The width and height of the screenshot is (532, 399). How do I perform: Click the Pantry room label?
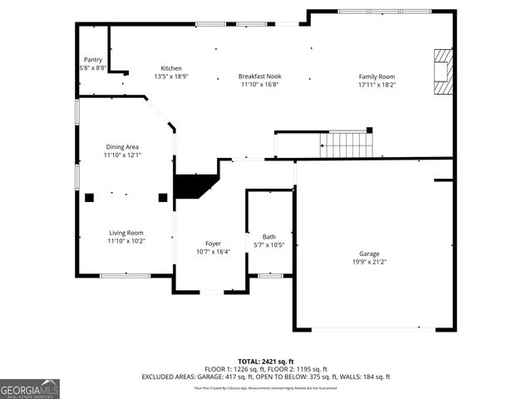[93, 60]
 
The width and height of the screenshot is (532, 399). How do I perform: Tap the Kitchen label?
[171, 68]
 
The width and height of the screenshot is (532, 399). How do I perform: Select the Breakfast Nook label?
[259, 76]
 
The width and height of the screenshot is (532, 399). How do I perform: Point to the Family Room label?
[377, 76]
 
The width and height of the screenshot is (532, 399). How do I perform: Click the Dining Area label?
[121, 147]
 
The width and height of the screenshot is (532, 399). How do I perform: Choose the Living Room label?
[126, 233]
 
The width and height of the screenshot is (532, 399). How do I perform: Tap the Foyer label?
[213, 244]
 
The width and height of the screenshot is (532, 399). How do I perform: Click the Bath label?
[269, 237]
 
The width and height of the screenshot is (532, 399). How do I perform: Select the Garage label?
[369, 254]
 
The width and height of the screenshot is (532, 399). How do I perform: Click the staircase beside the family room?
[346, 145]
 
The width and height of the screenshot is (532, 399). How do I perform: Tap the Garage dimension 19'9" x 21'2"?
[369, 262]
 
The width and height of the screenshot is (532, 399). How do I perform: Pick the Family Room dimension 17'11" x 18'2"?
[377, 85]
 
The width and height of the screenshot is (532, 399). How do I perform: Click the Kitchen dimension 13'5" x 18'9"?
[171, 76]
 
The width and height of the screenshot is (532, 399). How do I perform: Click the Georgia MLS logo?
[30, 388]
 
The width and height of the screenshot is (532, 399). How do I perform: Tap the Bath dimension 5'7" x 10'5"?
[269, 245]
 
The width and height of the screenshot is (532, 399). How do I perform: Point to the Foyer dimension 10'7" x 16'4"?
[213, 252]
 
